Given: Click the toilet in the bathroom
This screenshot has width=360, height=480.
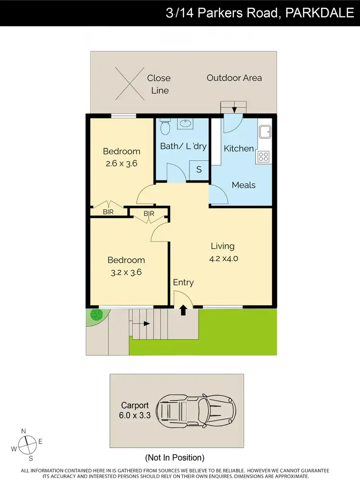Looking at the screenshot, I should click(165, 128).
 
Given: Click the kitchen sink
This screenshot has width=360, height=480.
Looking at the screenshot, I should click(264, 132).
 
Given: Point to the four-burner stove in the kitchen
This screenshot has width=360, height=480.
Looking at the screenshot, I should click(264, 156).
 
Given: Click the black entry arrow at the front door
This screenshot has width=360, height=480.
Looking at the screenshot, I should click(183, 311).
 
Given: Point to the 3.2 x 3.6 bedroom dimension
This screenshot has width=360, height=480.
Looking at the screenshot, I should click(126, 272).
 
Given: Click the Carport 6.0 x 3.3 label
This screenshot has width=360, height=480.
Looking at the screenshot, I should click(136, 410).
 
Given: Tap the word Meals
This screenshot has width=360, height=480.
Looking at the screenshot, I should click(243, 185).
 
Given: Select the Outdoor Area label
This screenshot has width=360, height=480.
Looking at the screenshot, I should click(234, 78).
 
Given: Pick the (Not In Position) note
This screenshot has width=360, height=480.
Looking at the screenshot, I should click(175, 457).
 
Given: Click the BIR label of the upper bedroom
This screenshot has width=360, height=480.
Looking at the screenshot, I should click(108, 212).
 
